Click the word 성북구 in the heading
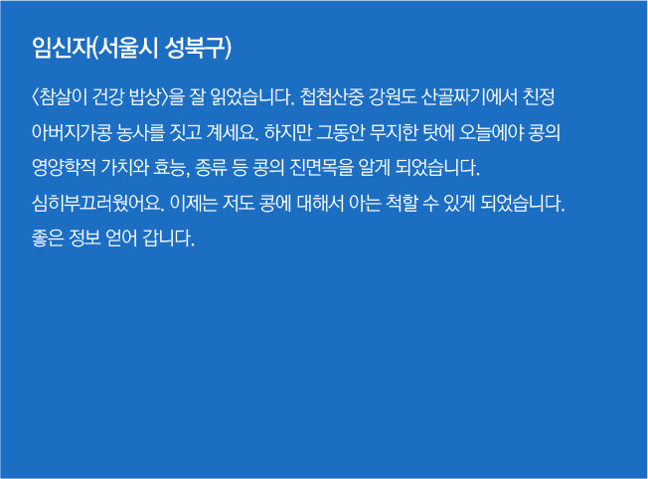point(197,48)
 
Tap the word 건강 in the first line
point(107,97)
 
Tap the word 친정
point(539,97)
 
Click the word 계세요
point(232,132)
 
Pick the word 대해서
point(320,204)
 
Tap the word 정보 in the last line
point(84,239)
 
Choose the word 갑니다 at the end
point(168,239)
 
